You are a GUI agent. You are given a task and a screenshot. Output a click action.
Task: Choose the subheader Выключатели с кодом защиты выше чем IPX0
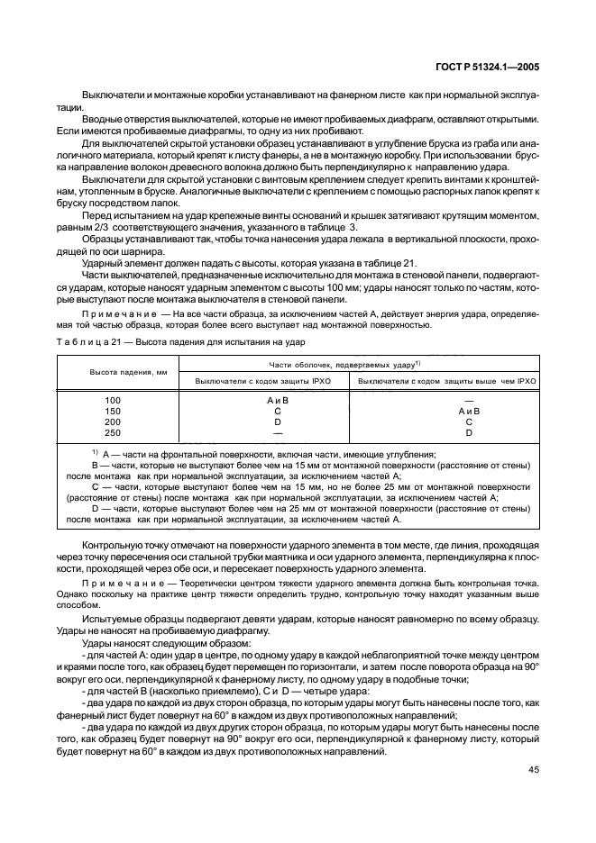[447, 381]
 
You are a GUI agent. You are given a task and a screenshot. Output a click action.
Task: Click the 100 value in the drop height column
[113, 399]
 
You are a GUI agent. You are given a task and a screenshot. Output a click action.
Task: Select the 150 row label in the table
[113, 410]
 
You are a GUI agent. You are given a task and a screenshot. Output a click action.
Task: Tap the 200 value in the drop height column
[113, 421]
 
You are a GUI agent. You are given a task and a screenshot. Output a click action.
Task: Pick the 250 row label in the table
[113, 432]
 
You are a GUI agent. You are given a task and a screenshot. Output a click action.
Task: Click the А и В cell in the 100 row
[278, 399]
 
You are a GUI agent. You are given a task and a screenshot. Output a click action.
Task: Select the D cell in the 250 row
[469, 432]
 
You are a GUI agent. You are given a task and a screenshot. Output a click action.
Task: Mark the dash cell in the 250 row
[278, 432]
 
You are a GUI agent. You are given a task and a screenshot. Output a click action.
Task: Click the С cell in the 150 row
[278, 410]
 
